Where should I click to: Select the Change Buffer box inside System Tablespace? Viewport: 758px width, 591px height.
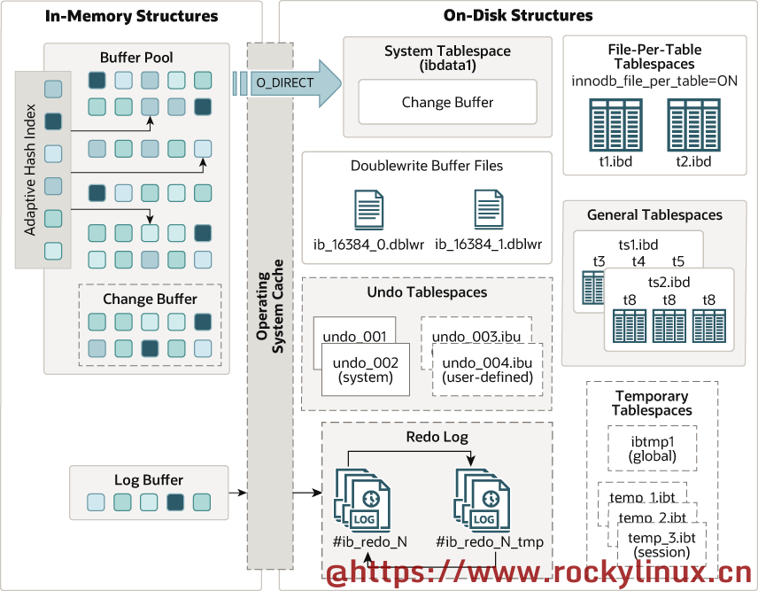(447, 103)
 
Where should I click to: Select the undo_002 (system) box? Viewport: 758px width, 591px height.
(366, 369)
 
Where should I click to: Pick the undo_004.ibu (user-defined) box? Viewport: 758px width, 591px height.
(486, 369)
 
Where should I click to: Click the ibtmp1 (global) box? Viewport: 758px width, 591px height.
(652, 448)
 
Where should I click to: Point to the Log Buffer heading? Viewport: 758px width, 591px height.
(140, 481)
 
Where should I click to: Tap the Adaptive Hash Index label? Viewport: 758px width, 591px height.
(30, 171)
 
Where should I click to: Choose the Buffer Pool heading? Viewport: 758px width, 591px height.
(136, 58)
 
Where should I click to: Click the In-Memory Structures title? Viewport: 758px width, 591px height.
(131, 16)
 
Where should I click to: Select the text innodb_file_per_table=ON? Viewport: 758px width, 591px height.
(654, 82)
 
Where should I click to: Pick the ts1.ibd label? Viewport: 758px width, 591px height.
(638, 244)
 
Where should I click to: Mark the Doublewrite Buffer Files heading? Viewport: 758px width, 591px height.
(427, 166)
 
